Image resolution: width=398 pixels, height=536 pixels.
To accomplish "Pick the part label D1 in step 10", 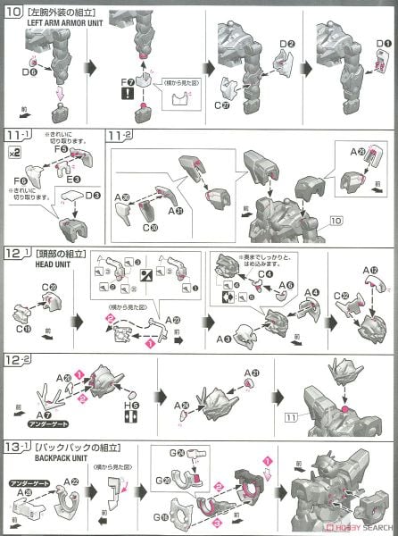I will [381, 42].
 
